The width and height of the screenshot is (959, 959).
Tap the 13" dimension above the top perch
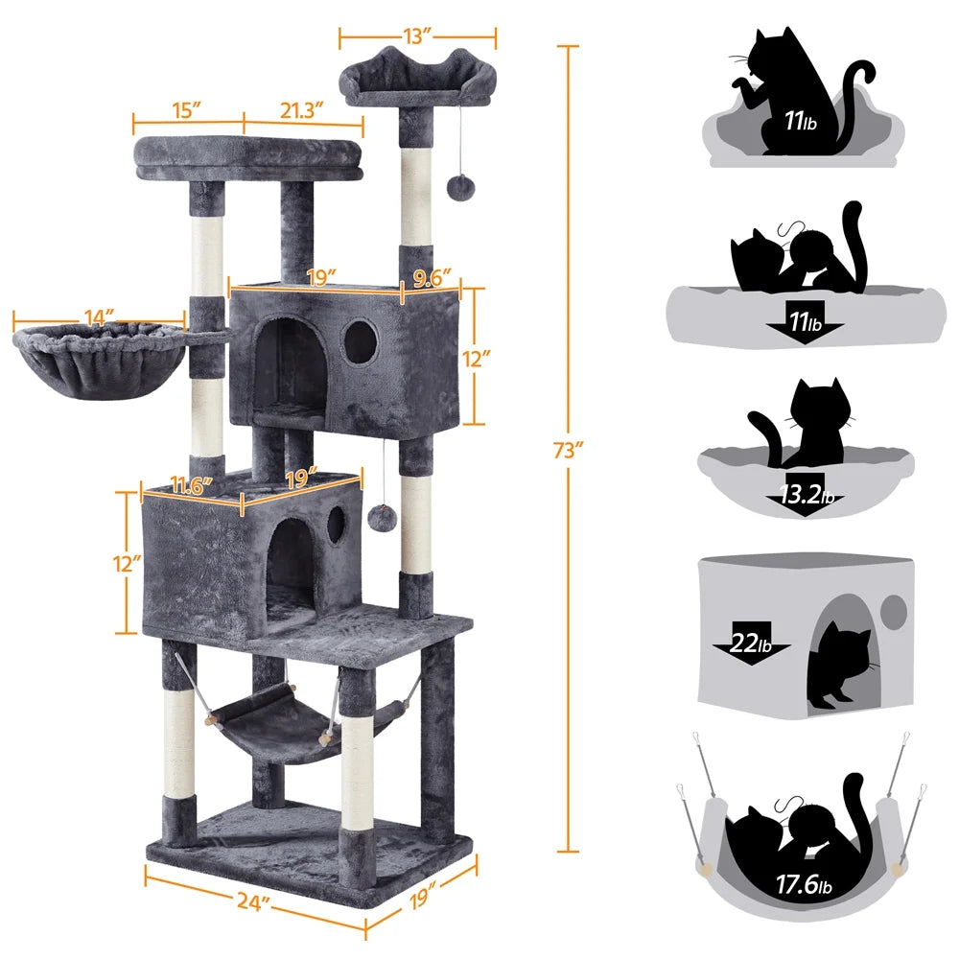point(417,36)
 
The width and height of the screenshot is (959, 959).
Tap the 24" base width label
point(253,904)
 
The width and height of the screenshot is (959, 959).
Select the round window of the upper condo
point(360,340)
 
